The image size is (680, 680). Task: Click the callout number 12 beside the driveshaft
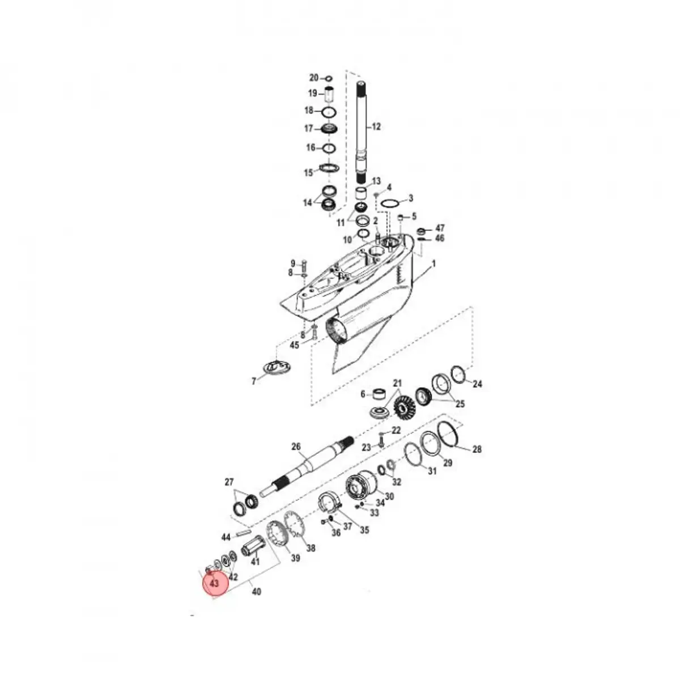tap(377, 126)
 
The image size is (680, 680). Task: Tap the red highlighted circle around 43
tap(215, 583)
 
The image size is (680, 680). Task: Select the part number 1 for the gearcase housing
tap(434, 263)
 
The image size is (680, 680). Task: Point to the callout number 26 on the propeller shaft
tap(296, 447)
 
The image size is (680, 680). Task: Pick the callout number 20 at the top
tap(314, 78)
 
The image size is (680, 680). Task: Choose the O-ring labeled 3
tap(389, 203)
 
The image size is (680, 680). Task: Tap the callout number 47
tap(440, 228)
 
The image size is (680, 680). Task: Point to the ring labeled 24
tap(458, 375)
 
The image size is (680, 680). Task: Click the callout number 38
tap(311, 549)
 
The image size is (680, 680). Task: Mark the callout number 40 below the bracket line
tap(256, 592)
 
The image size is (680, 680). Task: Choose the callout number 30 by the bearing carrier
tap(389, 495)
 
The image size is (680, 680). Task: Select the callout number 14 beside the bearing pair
tap(308, 202)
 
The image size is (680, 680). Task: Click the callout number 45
tap(295, 345)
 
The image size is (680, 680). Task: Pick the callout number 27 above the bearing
tap(229, 483)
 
